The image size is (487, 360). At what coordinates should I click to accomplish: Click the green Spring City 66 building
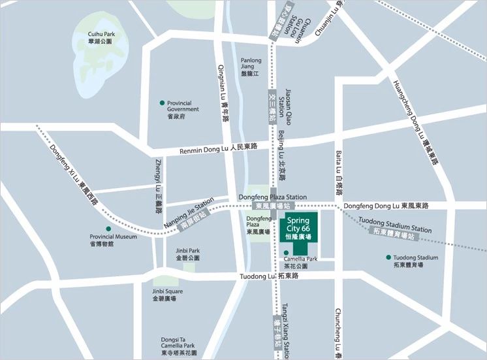tap(298, 229)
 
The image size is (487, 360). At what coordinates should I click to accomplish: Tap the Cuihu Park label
tap(101, 37)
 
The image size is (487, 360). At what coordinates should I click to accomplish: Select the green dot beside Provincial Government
tap(162, 103)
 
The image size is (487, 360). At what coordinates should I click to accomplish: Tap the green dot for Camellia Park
tap(286, 252)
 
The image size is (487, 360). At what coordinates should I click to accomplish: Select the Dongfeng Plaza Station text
tap(272, 197)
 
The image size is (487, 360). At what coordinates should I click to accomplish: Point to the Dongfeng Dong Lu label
tap(386, 206)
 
